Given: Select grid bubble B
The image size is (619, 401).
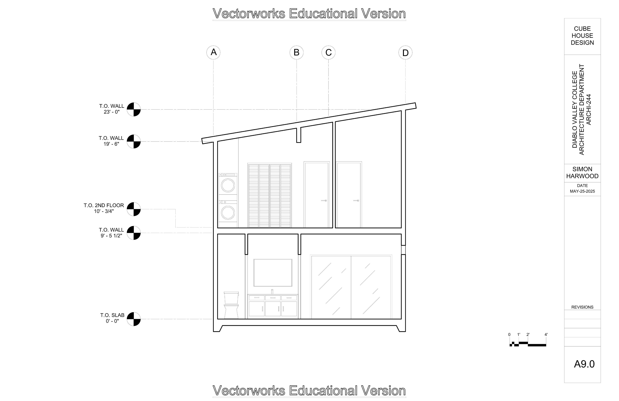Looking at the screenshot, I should pyautogui.click(x=296, y=53).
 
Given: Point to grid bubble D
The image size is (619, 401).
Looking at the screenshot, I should pyautogui.click(x=405, y=53).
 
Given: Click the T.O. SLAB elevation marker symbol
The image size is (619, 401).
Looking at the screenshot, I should pyautogui.click(x=134, y=319).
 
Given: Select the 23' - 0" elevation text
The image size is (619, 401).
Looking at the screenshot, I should pyautogui.click(x=112, y=112).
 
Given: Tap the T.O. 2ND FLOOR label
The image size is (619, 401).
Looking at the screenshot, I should pyautogui.click(x=104, y=205).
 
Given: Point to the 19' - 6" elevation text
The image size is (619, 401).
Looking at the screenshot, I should pyautogui.click(x=111, y=144).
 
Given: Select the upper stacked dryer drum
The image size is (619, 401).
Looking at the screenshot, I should pyautogui.click(x=228, y=185).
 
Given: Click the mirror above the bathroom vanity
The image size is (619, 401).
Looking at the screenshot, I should pyautogui.click(x=273, y=272).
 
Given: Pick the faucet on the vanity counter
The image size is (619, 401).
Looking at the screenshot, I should pyautogui.click(x=272, y=291).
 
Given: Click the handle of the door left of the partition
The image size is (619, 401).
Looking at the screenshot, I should pyautogui.click(x=324, y=201).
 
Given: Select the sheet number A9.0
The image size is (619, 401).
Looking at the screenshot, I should pyautogui.click(x=584, y=364).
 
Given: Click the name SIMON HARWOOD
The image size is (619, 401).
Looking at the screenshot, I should pyautogui.click(x=582, y=172).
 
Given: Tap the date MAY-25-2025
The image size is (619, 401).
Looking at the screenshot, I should pyautogui.click(x=582, y=191).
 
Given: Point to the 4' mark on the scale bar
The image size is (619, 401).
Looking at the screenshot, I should pyautogui.click(x=546, y=335).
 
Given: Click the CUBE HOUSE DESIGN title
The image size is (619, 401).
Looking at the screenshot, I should pyautogui.click(x=582, y=36).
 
